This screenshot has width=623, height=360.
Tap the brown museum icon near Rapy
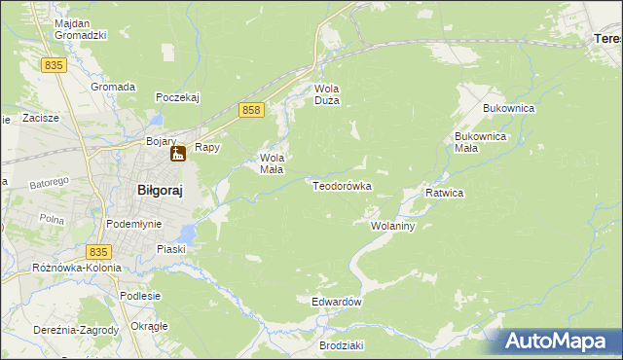pos(178,153)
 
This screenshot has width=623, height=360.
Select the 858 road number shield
pos(251,112)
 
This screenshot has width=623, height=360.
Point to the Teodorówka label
pos(342,185)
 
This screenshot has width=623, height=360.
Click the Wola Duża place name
pos(325,93)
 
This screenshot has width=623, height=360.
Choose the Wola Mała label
pos(272,163)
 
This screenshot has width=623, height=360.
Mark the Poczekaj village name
pos(177,97)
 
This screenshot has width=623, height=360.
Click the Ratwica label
pos(444,193)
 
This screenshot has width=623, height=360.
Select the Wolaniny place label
pos(393,226)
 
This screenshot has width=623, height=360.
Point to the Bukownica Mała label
pos(481,142)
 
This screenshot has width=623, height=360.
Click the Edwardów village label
pos(337,302)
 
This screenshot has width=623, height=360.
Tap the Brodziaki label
pos(341,345)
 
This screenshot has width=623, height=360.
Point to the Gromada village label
pos(113,87)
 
